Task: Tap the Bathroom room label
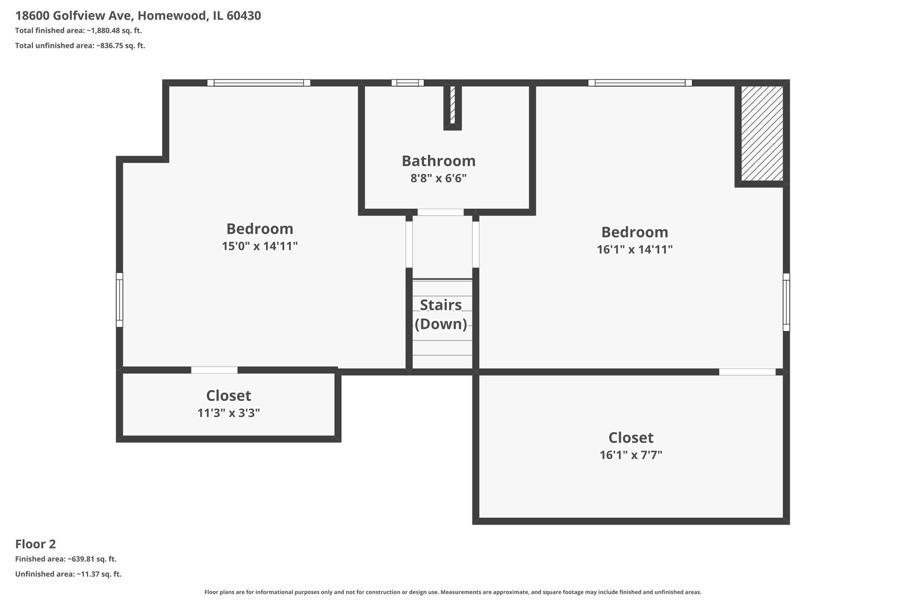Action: coord(438,161)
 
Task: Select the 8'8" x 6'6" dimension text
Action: coord(438,178)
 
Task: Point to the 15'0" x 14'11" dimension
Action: coord(259,246)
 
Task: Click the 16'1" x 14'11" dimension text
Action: coord(635,249)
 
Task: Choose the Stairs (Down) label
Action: coord(441,314)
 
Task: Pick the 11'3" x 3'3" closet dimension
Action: coord(229,413)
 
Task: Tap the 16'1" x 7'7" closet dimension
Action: coord(631,455)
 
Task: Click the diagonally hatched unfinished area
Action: coord(762,133)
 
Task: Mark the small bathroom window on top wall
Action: coord(408,83)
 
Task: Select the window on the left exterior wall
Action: coord(119,300)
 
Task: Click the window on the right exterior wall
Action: coord(786,302)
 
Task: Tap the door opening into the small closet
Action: coord(214,370)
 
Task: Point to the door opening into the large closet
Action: coord(747,372)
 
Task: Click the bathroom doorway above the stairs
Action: coord(441,213)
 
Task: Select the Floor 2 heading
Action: coord(36,544)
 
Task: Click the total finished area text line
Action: coord(78,30)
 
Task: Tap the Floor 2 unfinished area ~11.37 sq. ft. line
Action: coord(68,574)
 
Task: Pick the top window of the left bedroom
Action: coord(259,83)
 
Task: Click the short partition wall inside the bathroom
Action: coord(452,107)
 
